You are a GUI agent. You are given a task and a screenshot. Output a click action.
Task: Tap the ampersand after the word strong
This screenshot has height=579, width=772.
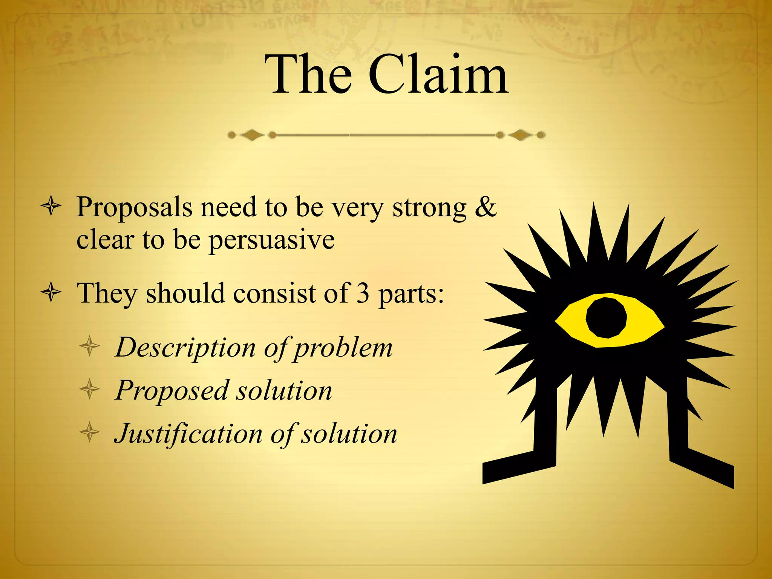coord(486,207)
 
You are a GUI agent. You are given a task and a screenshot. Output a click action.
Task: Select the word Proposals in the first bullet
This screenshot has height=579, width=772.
coord(134,208)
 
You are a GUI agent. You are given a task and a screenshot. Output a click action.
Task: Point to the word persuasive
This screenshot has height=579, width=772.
coord(272,240)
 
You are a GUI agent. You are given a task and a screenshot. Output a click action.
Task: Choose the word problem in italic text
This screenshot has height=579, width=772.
coord(343,348)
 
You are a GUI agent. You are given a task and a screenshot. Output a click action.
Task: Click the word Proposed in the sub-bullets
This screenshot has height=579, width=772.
coord(171,391)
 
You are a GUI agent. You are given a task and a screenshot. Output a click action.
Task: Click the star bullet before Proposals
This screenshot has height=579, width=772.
coord(51,206)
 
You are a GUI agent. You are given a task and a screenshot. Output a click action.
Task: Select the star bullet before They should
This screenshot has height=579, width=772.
coord(51,293)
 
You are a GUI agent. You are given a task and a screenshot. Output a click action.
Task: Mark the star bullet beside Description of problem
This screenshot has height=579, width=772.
coord(90,346)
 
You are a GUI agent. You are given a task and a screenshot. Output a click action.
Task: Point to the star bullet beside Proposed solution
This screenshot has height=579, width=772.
coord(90,389)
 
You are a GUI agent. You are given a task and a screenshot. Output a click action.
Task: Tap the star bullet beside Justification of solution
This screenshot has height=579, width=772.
coord(90,432)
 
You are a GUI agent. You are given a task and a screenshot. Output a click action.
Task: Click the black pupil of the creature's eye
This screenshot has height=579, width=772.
coord(607,317)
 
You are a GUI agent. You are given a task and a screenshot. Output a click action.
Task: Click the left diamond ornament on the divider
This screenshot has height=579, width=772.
coord(252,135)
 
